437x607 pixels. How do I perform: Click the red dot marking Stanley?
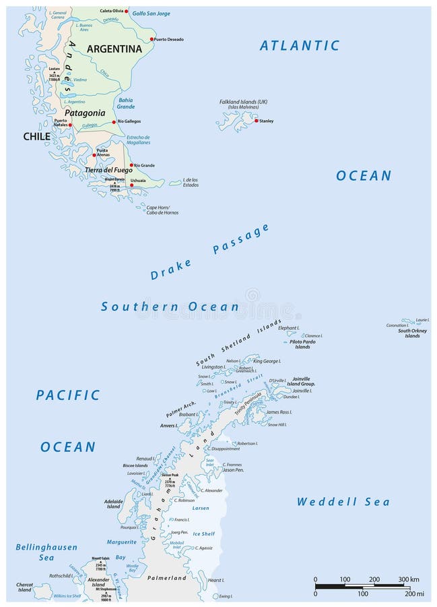point(256,121)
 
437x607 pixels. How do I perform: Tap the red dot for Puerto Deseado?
point(152,39)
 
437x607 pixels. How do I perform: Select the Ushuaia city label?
point(138,181)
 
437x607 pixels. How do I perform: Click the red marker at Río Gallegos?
point(114,122)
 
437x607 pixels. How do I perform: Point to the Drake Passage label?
point(209,252)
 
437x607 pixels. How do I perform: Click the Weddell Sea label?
point(343,502)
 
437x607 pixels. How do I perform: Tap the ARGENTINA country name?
point(114,49)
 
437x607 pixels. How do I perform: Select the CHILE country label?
point(36,136)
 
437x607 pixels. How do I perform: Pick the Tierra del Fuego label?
point(107,170)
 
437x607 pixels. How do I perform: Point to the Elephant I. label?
point(288,328)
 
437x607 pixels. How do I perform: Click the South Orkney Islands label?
point(413,333)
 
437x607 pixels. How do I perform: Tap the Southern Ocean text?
point(170,307)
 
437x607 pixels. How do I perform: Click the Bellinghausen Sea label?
point(46,552)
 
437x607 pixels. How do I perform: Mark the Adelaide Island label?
point(114,504)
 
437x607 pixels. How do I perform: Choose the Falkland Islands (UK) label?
point(243,103)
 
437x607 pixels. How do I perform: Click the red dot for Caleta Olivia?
point(126,11)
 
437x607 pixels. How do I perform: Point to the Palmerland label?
point(168,578)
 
